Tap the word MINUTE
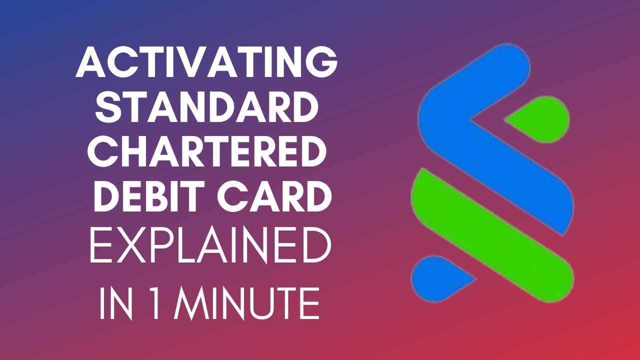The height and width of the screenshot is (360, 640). pyautogui.click(x=247, y=302)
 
